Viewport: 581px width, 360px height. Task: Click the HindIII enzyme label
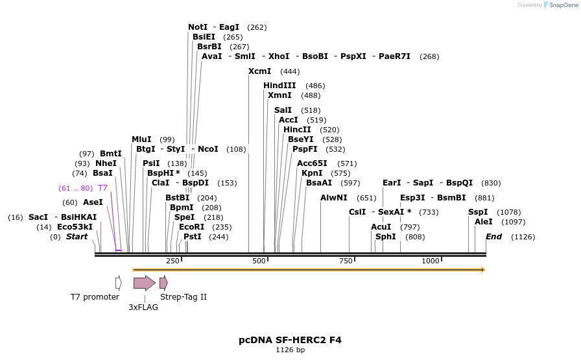pos(279,86)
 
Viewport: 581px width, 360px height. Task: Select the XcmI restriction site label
pos(259,71)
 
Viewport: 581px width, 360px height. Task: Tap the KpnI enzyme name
pos(312,173)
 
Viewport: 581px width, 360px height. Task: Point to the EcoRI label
pos(191,227)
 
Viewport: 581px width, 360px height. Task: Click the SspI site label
pos(478,212)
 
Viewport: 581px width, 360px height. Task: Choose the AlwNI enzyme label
pos(334,198)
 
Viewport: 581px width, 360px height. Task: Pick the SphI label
pos(386,237)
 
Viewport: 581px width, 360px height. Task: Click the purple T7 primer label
pos(102,188)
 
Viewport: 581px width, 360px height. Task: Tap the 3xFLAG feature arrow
pos(144,283)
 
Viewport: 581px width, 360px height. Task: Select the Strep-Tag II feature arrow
pos(163,283)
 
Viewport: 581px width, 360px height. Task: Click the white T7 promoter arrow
pos(118,283)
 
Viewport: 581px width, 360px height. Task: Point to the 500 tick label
pos(259,261)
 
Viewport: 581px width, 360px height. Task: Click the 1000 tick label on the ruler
pos(431,261)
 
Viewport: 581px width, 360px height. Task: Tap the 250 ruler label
pos(172,261)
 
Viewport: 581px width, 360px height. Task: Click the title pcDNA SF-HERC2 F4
pos(290,340)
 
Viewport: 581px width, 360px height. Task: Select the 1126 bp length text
pos(290,350)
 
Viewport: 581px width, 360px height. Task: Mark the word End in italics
pos(493,237)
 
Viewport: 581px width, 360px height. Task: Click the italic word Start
pos(77,237)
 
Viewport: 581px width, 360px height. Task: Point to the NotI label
pos(198,27)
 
